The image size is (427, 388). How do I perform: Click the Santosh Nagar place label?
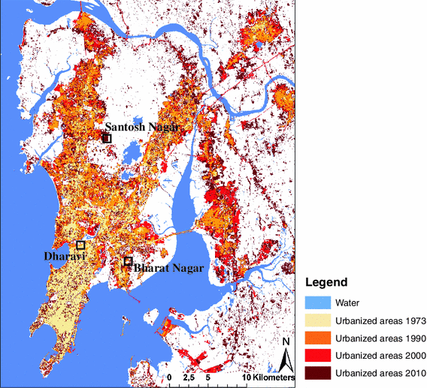[141, 128]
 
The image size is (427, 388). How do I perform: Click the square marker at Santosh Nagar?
[107, 138]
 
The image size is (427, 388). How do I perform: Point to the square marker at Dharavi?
[80, 245]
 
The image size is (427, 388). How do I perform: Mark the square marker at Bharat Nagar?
[128, 261]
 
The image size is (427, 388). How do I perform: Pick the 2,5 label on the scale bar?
[187, 377]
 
